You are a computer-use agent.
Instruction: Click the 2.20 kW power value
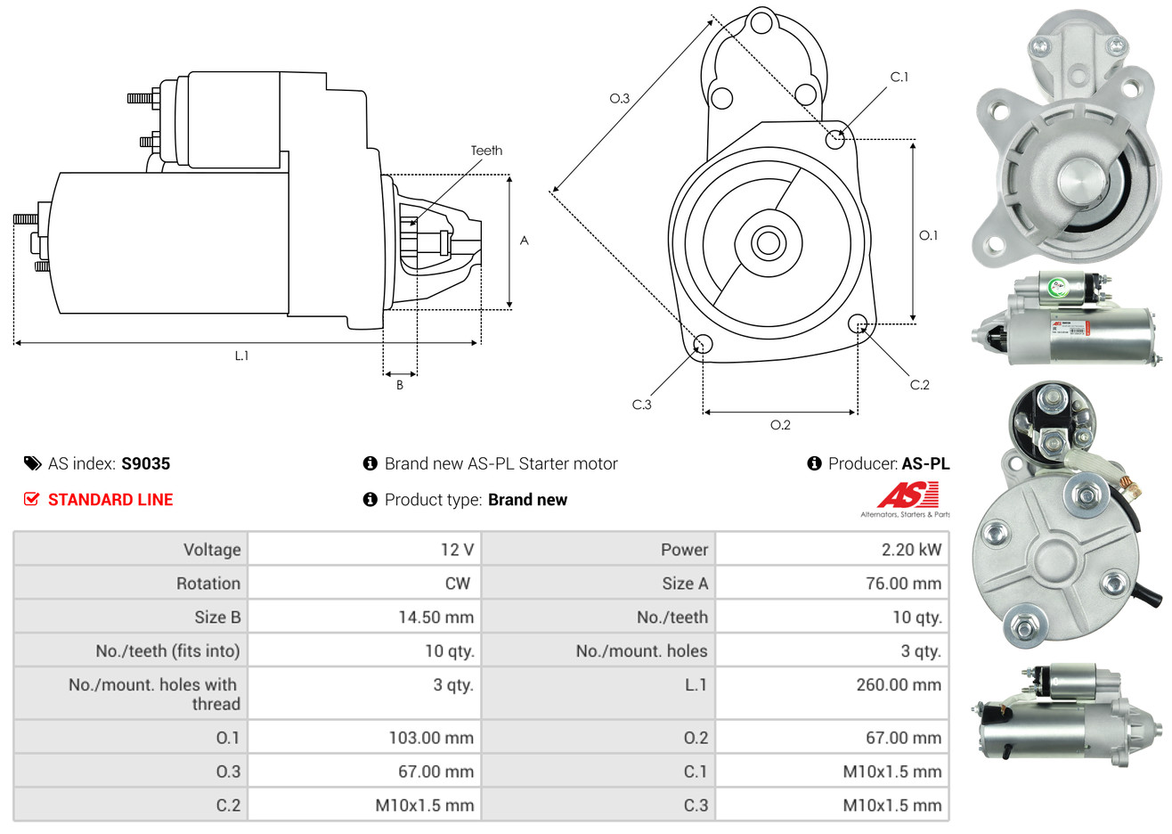click(911, 550)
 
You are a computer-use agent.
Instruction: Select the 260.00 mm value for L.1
click(898, 685)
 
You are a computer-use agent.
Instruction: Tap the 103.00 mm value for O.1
click(431, 738)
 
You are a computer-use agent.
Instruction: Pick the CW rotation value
click(457, 584)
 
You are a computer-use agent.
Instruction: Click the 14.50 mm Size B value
click(435, 617)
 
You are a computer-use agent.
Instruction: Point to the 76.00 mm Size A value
click(903, 584)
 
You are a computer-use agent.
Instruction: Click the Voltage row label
click(212, 550)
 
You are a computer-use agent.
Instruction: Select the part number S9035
click(145, 463)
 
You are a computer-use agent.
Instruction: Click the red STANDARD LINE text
click(110, 500)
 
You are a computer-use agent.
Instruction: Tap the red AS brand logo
click(907, 495)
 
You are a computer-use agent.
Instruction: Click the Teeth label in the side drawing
click(486, 151)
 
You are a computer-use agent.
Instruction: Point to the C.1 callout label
click(899, 78)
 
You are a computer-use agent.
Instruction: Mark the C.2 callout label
click(919, 385)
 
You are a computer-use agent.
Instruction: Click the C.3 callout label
click(641, 405)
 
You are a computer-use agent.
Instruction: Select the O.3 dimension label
click(619, 98)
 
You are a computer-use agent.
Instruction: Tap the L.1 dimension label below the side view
click(241, 356)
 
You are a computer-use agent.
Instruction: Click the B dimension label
click(400, 385)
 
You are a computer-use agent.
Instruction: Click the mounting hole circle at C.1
click(835, 139)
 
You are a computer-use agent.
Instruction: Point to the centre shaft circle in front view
click(766, 242)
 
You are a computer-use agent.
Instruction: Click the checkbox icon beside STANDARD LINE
click(31, 500)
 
